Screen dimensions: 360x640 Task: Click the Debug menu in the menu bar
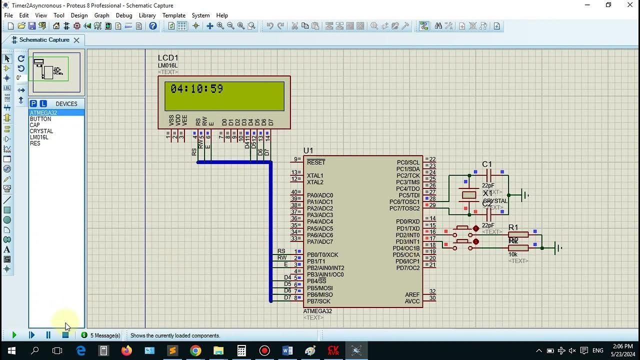(x=124, y=15)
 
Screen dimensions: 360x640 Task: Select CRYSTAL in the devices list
(x=41, y=131)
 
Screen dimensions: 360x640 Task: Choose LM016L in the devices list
(x=39, y=137)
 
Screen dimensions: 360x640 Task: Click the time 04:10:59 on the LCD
(x=196, y=89)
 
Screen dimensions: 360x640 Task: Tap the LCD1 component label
(x=168, y=58)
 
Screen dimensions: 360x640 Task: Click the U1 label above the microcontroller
(x=308, y=150)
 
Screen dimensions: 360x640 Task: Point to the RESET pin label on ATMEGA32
(x=316, y=162)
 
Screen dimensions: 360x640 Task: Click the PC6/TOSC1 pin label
(x=404, y=202)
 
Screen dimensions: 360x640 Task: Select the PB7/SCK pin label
(x=318, y=301)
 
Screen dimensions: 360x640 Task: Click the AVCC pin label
(x=412, y=301)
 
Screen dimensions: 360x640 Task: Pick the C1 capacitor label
(x=486, y=164)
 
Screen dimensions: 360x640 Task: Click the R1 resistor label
(x=513, y=227)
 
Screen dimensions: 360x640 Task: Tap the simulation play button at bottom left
(x=14, y=335)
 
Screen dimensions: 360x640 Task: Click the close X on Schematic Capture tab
(x=76, y=40)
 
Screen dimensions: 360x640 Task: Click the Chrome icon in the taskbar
(x=195, y=350)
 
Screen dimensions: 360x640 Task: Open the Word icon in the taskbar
(x=287, y=350)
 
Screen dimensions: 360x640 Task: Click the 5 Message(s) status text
(x=105, y=335)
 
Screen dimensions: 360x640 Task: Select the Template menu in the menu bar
(x=173, y=15)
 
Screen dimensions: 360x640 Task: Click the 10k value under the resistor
(x=513, y=254)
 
